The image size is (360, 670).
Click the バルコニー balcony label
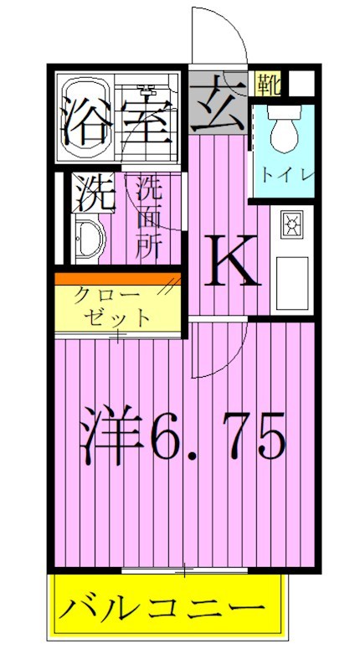coord(164,606)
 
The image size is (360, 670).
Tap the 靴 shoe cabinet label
coord(270,85)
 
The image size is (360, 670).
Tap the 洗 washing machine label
coord(90,195)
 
